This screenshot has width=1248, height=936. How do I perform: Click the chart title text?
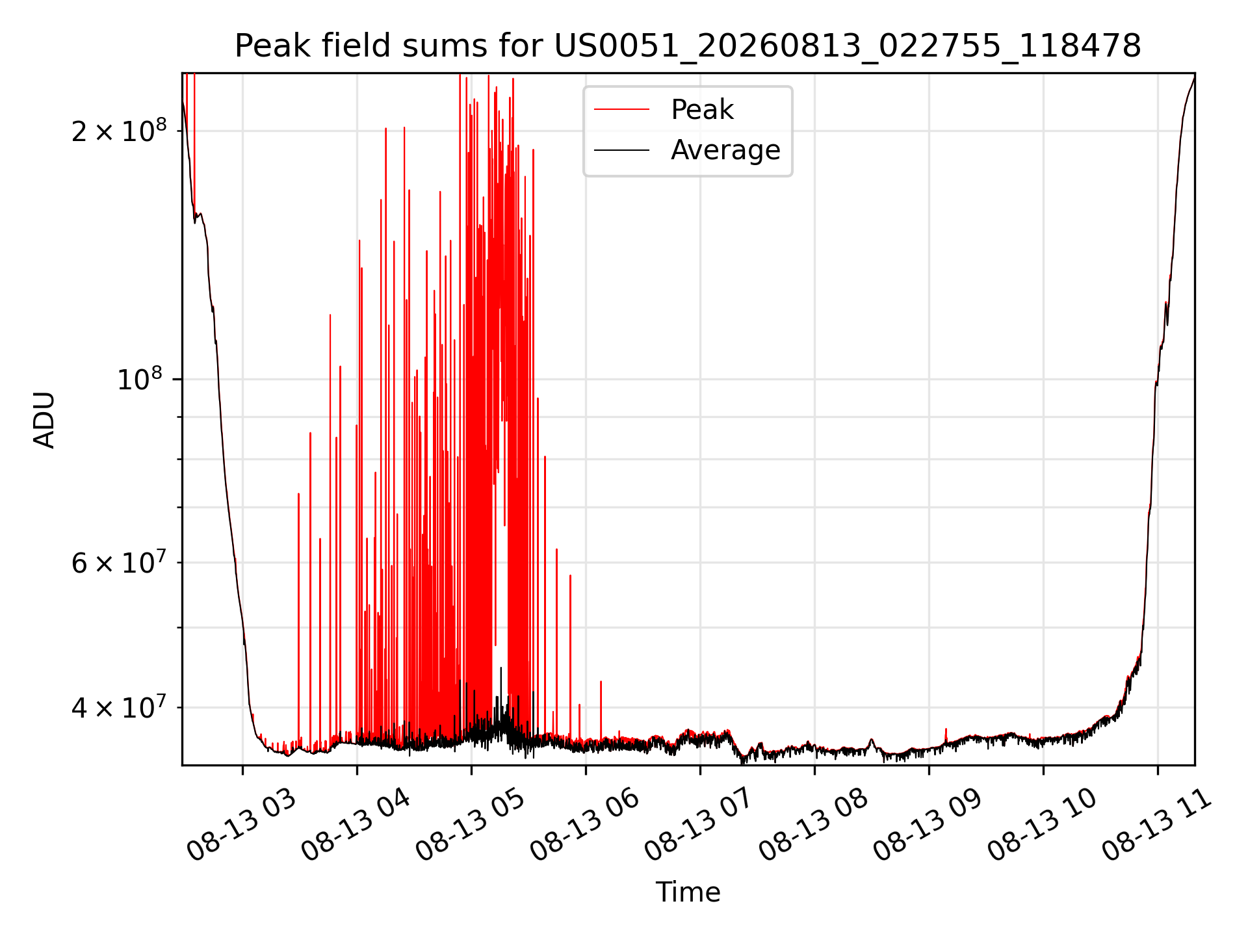click(x=688, y=46)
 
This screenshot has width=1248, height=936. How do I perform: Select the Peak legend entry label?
click(x=702, y=110)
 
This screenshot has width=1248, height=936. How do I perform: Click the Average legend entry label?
click(x=725, y=150)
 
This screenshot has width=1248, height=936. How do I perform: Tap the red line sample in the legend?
click(x=621, y=110)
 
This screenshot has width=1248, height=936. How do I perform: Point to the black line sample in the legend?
click(x=621, y=150)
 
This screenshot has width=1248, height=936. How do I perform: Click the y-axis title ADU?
click(x=44, y=420)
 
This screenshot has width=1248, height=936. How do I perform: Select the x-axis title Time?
click(x=688, y=892)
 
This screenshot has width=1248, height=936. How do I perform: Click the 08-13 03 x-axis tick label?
click(x=241, y=825)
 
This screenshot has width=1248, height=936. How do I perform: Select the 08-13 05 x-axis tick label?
click(x=470, y=825)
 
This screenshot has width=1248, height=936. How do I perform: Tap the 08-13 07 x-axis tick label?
click(x=699, y=825)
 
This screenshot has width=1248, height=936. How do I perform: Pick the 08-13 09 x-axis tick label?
click(x=928, y=825)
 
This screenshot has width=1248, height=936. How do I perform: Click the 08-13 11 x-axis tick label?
click(x=1156, y=825)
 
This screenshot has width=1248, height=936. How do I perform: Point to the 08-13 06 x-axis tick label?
click(x=584, y=825)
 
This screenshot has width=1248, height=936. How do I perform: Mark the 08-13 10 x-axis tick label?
click(x=1042, y=825)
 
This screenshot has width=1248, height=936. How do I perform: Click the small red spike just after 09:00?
click(x=946, y=734)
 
